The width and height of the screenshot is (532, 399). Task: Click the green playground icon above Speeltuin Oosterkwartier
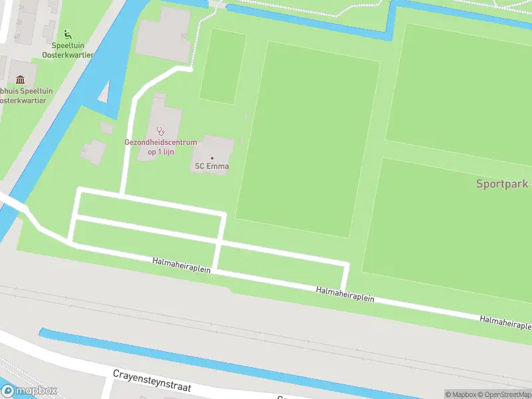[66, 34]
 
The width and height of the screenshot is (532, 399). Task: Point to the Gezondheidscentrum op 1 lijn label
[160, 147]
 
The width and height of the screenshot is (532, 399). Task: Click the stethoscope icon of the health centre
[160, 131]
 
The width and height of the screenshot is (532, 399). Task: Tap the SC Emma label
[211, 166]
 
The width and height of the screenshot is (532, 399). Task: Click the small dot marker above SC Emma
[212, 158]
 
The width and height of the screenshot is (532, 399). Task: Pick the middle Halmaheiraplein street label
[345, 295]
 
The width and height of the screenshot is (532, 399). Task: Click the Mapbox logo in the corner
[29, 391]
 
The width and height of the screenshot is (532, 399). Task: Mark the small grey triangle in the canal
[104, 93]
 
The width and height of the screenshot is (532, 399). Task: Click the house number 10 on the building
[182, 35]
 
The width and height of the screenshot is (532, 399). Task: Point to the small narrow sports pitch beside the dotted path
[222, 66]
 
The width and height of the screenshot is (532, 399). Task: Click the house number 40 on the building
[17, 35]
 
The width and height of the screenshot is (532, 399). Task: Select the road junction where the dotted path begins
[191, 68]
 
